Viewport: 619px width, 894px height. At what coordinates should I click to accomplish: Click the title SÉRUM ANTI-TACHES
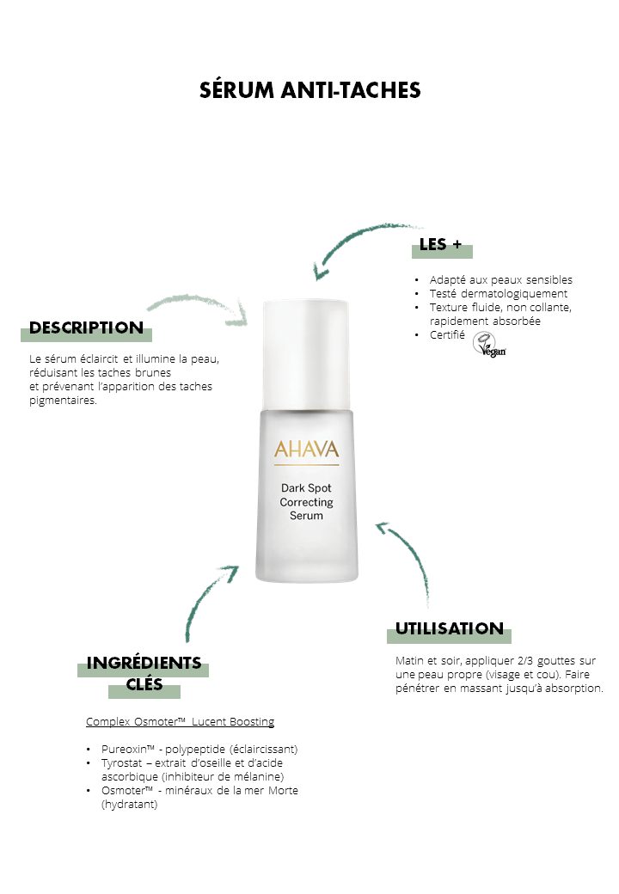pos(309,90)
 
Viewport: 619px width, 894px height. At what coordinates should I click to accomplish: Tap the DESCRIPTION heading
pos(86,328)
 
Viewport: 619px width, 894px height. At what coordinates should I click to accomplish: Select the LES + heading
pos(440,245)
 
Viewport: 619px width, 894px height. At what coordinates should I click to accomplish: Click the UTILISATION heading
pos(449,629)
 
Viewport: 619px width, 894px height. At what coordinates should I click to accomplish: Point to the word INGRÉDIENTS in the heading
pos(144,663)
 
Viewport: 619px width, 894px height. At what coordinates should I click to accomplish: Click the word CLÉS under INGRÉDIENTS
pos(144,684)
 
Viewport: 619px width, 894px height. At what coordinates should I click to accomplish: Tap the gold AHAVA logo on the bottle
pos(307,450)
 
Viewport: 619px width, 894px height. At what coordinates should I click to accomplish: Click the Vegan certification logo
pos(489,345)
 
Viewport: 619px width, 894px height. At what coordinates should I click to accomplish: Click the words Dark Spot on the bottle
pos(306,488)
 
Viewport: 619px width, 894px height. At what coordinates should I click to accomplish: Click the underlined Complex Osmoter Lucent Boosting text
pos(181,722)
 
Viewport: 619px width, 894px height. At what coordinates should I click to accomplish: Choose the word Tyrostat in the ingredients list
pos(121,762)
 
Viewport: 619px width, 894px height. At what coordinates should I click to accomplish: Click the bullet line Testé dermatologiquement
pos(498,294)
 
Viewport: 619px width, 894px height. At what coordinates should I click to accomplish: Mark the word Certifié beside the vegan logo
pos(447,334)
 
